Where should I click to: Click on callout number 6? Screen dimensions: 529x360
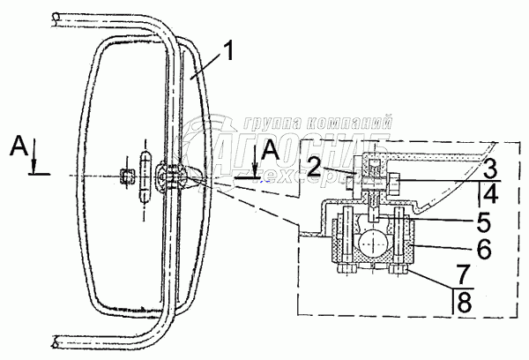(x=484, y=250)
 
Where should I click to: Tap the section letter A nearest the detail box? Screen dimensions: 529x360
(x=272, y=153)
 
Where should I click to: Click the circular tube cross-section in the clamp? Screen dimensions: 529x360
(x=374, y=241)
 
